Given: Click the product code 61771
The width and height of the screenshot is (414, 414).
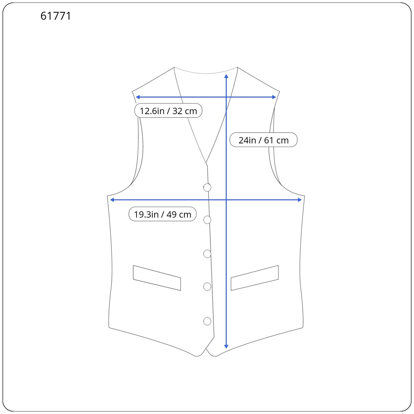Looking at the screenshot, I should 56,16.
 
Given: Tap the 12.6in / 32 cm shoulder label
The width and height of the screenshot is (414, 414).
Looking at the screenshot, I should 168,111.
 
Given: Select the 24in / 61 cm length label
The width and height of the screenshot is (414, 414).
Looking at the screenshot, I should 263,140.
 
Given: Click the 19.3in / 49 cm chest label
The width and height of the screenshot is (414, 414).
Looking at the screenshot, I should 162,214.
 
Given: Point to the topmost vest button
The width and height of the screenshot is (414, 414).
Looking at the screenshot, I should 207,187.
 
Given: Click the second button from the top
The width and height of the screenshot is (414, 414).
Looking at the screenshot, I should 207,220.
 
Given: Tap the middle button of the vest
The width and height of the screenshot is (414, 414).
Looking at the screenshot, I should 207,254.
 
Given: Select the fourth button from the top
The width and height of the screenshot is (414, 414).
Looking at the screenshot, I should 207,286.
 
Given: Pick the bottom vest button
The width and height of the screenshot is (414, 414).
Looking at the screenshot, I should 207,321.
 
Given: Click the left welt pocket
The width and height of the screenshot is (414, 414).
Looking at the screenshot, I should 157,278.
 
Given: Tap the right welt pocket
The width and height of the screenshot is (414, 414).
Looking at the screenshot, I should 255,278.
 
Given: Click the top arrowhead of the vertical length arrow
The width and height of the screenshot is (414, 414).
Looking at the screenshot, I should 226,76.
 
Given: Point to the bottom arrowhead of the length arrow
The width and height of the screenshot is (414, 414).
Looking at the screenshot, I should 226,346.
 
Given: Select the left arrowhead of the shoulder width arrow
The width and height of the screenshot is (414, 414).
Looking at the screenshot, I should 138,97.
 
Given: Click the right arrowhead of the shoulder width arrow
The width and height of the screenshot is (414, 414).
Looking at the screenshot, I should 274,97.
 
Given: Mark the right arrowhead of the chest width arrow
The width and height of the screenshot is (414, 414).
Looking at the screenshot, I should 300,200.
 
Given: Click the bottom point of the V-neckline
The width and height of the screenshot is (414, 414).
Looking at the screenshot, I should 206,163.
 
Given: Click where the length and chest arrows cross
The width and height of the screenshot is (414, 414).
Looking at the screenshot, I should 226,200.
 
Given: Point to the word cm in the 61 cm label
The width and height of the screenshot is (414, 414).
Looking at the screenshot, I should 282,140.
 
